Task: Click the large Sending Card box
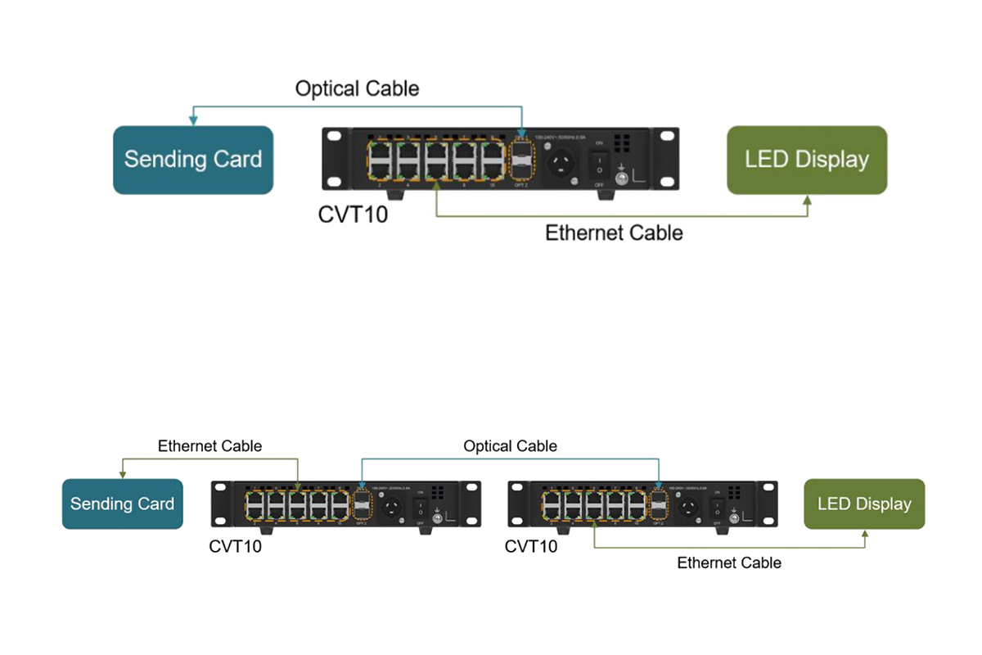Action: pyautogui.click(x=192, y=160)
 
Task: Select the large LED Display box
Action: pyautogui.click(x=807, y=160)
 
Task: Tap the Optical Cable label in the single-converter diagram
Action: pyautogui.click(x=357, y=88)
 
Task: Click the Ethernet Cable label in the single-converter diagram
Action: pyautogui.click(x=614, y=233)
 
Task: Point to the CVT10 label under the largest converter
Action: pyautogui.click(x=353, y=216)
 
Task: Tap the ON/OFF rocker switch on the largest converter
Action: pyautogui.click(x=598, y=162)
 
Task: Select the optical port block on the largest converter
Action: pyautogui.click(x=521, y=160)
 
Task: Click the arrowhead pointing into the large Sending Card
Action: pyautogui.click(x=193, y=120)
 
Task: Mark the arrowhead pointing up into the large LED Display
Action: pyautogui.click(x=808, y=200)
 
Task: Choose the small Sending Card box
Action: pyautogui.click(x=122, y=504)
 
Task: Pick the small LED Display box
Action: pyautogui.click(x=864, y=504)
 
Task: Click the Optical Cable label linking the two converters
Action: pyautogui.click(x=510, y=446)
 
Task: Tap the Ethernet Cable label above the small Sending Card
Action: pyautogui.click(x=209, y=446)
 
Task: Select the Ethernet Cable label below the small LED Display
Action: pyautogui.click(x=729, y=562)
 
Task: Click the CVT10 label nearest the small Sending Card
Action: pyautogui.click(x=236, y=546)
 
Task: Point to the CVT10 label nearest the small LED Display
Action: pyautogui.click(x=531, y=546)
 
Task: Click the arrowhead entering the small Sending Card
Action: pyautogui.click(x=123, y=474)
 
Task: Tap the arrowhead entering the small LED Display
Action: pyautogui.click(x=865, y=533)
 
